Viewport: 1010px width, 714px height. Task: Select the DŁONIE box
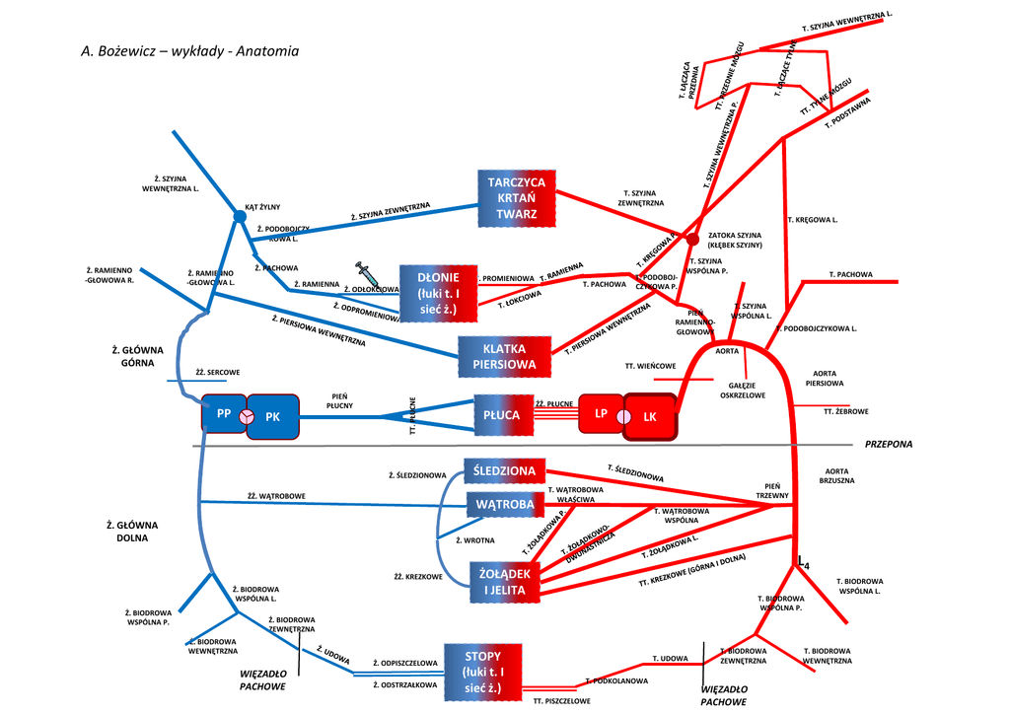[x=438, y=293]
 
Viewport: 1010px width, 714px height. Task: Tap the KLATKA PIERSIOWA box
[x=504, y=357]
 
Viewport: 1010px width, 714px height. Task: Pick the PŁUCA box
[x=502, y=414]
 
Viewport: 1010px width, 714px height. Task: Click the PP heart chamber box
[x=222, y=414]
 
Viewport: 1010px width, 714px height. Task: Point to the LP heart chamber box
[x=600, y=413]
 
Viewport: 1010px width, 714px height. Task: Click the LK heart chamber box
[x=650, y=416]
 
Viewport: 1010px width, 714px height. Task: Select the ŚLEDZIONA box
[x=504, y=471]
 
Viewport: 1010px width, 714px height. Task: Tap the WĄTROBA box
[x=504, y=505]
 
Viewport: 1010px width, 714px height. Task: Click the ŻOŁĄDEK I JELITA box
[x=505, y=582]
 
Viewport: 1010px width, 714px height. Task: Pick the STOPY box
[x=482, y=671]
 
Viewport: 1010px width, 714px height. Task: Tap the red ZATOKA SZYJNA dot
[x=692, y=239]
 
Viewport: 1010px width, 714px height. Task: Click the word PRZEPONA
[x=889, y=445]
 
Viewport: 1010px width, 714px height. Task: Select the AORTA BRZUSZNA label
[x=835, y=475]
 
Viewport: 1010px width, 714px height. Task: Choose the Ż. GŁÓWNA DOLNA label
[x=132, y=532]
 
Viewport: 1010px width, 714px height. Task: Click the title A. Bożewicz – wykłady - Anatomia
[x=189, y=50]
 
